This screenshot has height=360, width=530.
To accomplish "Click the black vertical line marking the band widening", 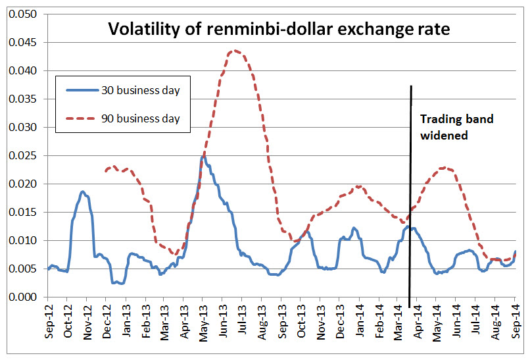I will point(411,197).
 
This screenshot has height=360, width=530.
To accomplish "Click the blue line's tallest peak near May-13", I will point(203,157).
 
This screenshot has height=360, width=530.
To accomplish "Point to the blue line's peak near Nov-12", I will point(82,192).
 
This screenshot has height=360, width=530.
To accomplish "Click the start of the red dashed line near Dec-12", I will point(106,171).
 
